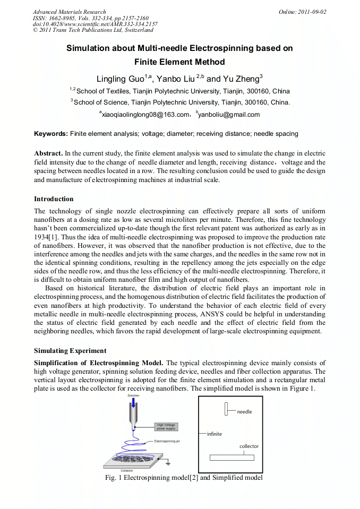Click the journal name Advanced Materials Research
[69, 12]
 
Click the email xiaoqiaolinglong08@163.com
[145, 115]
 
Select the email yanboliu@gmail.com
[229, 115]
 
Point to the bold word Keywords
[50, 134]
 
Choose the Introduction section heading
[54, 199]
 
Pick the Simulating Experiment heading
[70, 351]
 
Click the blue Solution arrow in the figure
[134, 408]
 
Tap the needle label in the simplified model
[244, 412]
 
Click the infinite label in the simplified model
[215, 434]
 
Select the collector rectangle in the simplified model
[232, 458]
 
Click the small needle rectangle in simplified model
[226, 409]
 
